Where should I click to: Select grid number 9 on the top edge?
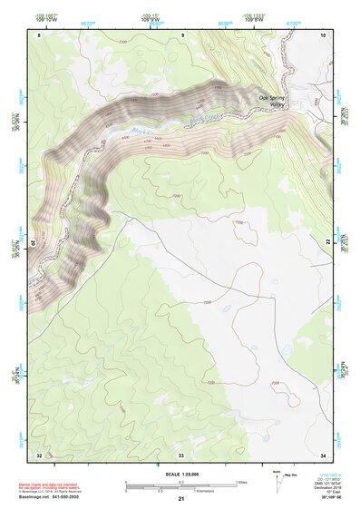click(181, 34)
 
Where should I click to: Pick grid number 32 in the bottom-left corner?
click(39, 454)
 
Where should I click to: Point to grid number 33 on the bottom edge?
click(181, 454)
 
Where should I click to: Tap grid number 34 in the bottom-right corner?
click(323, 454)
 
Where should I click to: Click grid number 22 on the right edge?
click(327, 241)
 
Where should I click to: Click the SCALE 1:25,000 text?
click(180, 474)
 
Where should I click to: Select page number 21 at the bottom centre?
click(181, 499)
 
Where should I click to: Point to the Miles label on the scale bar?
click(242, 482)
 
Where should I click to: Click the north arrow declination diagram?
click(277, 480)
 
